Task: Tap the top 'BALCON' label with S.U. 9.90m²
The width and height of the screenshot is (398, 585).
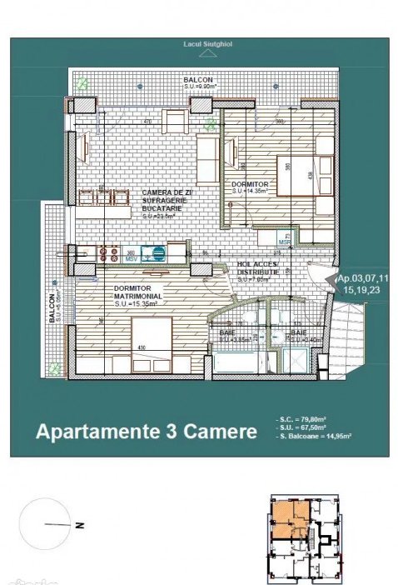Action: click(x=198, y=81)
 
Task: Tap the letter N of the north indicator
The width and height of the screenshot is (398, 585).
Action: click(x=77, y=526)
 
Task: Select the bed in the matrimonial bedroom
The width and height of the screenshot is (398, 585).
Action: click(x=151, y=342)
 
